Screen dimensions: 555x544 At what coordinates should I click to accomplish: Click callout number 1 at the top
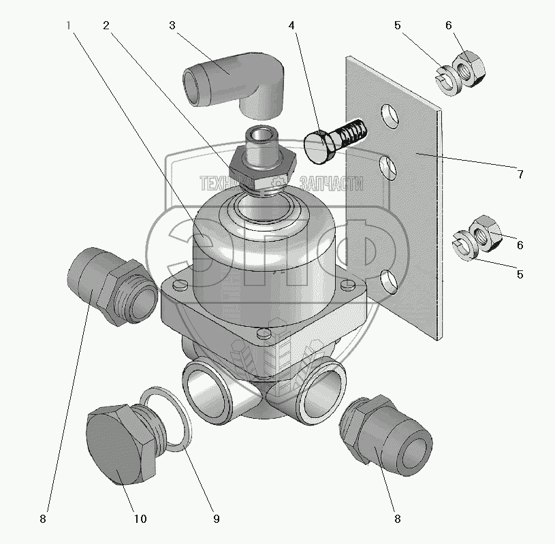pos(68,26)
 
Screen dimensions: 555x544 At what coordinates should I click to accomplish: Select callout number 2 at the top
pos(106,26)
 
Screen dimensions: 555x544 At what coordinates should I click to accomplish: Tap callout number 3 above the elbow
pos(173,26)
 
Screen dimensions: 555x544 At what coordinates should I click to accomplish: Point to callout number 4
pos(291,26)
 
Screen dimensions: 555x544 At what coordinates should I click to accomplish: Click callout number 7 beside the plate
pos(520,174)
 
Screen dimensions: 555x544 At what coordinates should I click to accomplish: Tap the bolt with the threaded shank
pos(334,138)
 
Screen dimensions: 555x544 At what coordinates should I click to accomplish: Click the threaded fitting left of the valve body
pos(109,285)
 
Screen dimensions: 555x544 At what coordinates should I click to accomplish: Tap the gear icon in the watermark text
pos(278,183)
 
